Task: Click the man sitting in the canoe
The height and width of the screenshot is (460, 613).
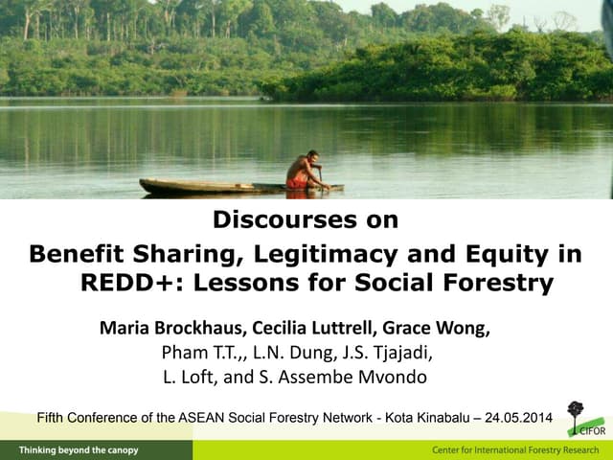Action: point(306,171)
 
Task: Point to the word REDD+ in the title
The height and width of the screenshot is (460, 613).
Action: point(118,284)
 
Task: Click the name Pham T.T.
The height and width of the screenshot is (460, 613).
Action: point(199,353)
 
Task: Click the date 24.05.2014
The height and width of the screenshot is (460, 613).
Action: point(518,418)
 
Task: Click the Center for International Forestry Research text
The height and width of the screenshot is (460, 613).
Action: point(515,449)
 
